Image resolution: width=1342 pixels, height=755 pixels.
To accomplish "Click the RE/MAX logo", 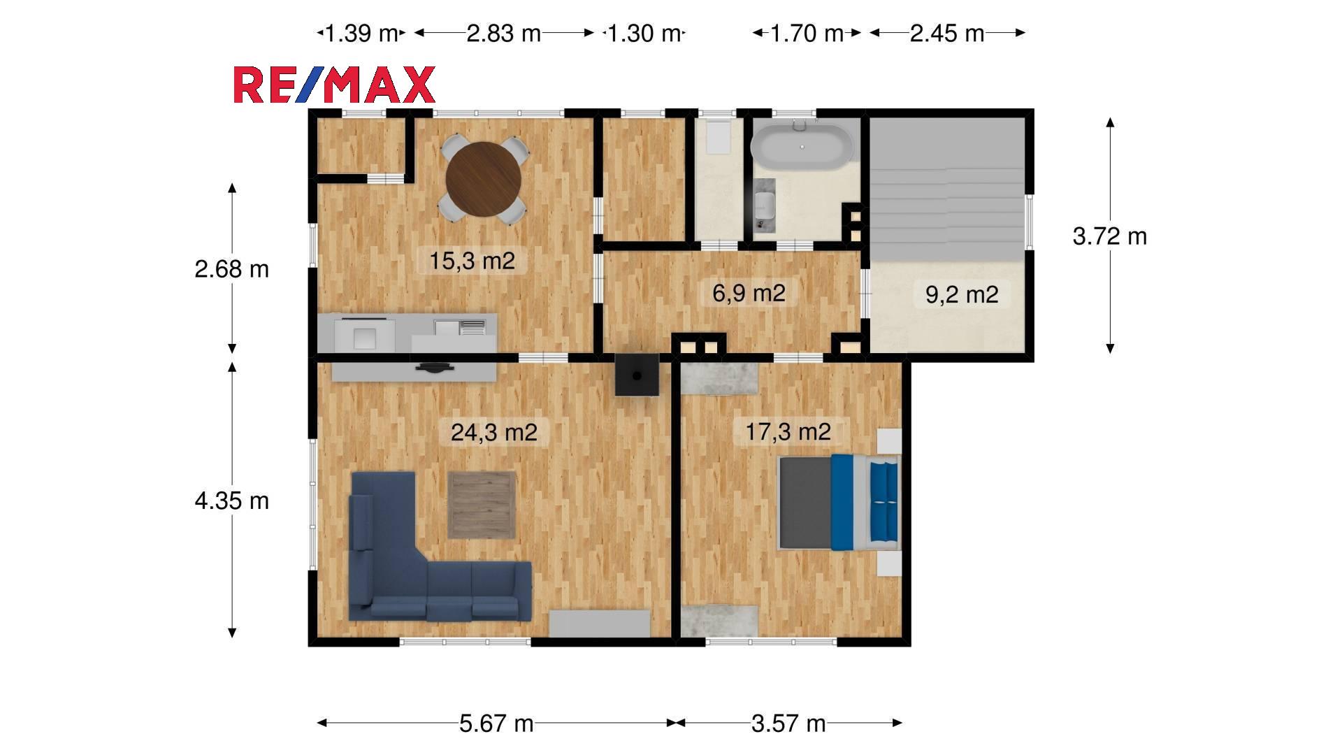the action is [x=334, y=85].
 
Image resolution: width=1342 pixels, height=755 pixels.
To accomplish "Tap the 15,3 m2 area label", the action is [x=472, y=261].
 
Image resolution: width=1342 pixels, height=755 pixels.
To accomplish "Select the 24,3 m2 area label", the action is [x=494, y=432].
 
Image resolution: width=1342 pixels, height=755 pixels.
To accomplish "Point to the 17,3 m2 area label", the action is [x=788, y=431].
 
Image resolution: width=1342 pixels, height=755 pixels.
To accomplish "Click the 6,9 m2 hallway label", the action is [x=749, y=293].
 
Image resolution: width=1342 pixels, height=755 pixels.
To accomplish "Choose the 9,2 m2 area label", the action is [x=962, y=294].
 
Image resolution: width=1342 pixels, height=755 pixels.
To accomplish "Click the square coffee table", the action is [x=482, y=505].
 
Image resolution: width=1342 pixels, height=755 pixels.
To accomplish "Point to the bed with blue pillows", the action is [x=839, y=502].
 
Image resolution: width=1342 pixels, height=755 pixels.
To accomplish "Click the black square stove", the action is [x=637, y=375].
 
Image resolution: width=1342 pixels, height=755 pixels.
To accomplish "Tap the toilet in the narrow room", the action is [x=718, y=137].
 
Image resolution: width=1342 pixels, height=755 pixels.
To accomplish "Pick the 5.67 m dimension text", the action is [x=496, y=723].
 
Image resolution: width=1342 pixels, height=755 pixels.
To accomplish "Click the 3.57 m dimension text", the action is [x=788, y=723].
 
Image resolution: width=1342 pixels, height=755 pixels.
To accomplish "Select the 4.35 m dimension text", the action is [x=231, y=501].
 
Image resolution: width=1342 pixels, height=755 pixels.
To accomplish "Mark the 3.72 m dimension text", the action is [x=1110, y=236].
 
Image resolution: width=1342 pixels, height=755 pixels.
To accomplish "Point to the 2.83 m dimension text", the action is [x=503, y=33].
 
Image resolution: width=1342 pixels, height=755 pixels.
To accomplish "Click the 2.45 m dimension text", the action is [x=947, y=33].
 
